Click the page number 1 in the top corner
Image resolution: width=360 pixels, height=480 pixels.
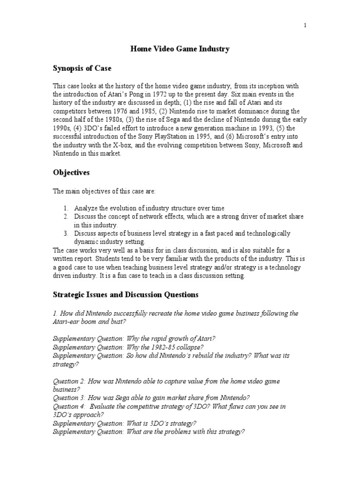305,26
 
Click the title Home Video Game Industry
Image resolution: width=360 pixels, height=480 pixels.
180,49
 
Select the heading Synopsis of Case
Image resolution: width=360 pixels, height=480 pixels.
82,68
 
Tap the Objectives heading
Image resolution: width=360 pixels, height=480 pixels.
71,172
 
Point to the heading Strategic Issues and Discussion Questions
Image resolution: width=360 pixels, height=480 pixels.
125,295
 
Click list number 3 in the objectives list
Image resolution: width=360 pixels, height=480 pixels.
67,233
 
